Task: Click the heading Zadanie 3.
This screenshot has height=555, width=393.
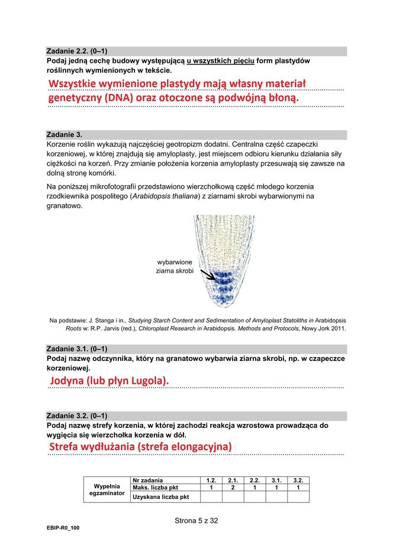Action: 65,134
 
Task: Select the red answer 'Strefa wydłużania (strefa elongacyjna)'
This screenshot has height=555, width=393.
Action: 140,446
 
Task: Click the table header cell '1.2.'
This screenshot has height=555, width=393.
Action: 211,480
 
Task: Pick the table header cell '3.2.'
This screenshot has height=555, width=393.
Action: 298,480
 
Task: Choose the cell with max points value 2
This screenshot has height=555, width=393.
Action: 233,488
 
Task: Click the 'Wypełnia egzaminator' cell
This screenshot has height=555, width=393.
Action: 107,489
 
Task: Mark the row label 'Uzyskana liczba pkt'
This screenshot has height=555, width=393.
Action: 161,497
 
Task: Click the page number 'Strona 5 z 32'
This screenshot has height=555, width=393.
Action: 196,521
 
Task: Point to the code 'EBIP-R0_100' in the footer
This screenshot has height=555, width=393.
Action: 63,528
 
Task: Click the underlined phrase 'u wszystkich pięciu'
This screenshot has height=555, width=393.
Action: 221,61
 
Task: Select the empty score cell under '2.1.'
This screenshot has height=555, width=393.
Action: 233,497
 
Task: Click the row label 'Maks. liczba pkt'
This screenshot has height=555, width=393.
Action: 156,488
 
